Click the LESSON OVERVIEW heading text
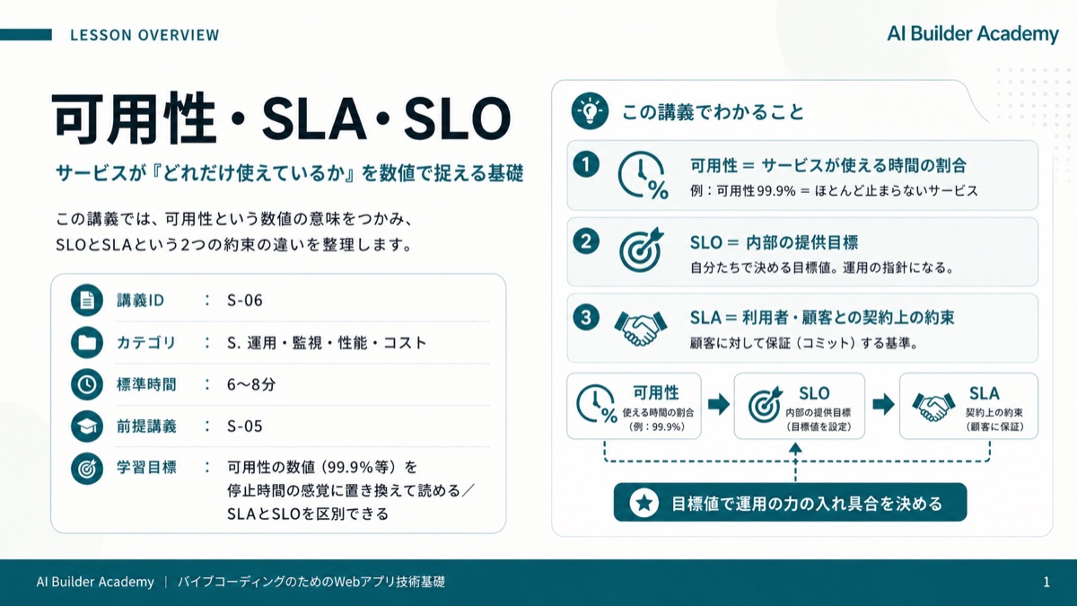144,35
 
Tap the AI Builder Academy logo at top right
973,34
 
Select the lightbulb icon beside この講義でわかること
590,111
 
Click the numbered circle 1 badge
585,164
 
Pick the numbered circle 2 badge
585,241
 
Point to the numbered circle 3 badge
585,318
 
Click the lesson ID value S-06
245,301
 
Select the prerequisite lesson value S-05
245,426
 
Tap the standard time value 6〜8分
251,384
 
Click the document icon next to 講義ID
87,300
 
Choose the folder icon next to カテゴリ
87,342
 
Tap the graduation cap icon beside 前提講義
87,426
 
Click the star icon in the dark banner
644,503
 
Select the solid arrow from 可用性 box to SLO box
718,405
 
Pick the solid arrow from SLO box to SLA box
883,405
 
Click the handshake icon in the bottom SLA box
933,407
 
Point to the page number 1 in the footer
1046,583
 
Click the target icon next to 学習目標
87,468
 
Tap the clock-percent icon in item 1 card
643,176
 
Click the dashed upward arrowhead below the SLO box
795,448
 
